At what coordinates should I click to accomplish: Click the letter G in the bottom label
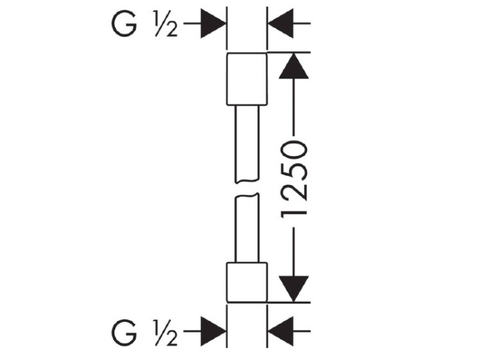[x=124, y=333]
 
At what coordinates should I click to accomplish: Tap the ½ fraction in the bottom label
[x=166, y=333]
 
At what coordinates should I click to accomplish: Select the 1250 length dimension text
[x=294, y=179]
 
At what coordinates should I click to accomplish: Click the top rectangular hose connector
[x=247, y=79]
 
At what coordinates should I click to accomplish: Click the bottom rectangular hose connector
[x=247, y=283]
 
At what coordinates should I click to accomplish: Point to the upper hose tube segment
[x=247, y=144]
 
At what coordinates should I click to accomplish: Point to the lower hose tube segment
[x=247, y=228]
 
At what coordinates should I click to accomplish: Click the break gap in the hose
[x=247, y=188]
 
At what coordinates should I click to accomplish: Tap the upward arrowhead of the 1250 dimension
[x=294, y=67]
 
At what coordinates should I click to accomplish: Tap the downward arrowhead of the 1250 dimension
[x=294, y=289]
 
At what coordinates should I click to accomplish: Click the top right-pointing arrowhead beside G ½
[x=213, y=23]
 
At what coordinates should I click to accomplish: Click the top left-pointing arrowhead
[x=281, y=23]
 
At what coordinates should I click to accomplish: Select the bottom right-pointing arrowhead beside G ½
[x=213, y=331]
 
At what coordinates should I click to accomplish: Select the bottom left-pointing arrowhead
[x=281, y=331]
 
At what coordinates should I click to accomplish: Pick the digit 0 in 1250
[x=294, y=150]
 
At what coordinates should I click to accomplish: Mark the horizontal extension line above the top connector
[x=289, y=52]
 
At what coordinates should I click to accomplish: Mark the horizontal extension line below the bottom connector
[x=289, y=303]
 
